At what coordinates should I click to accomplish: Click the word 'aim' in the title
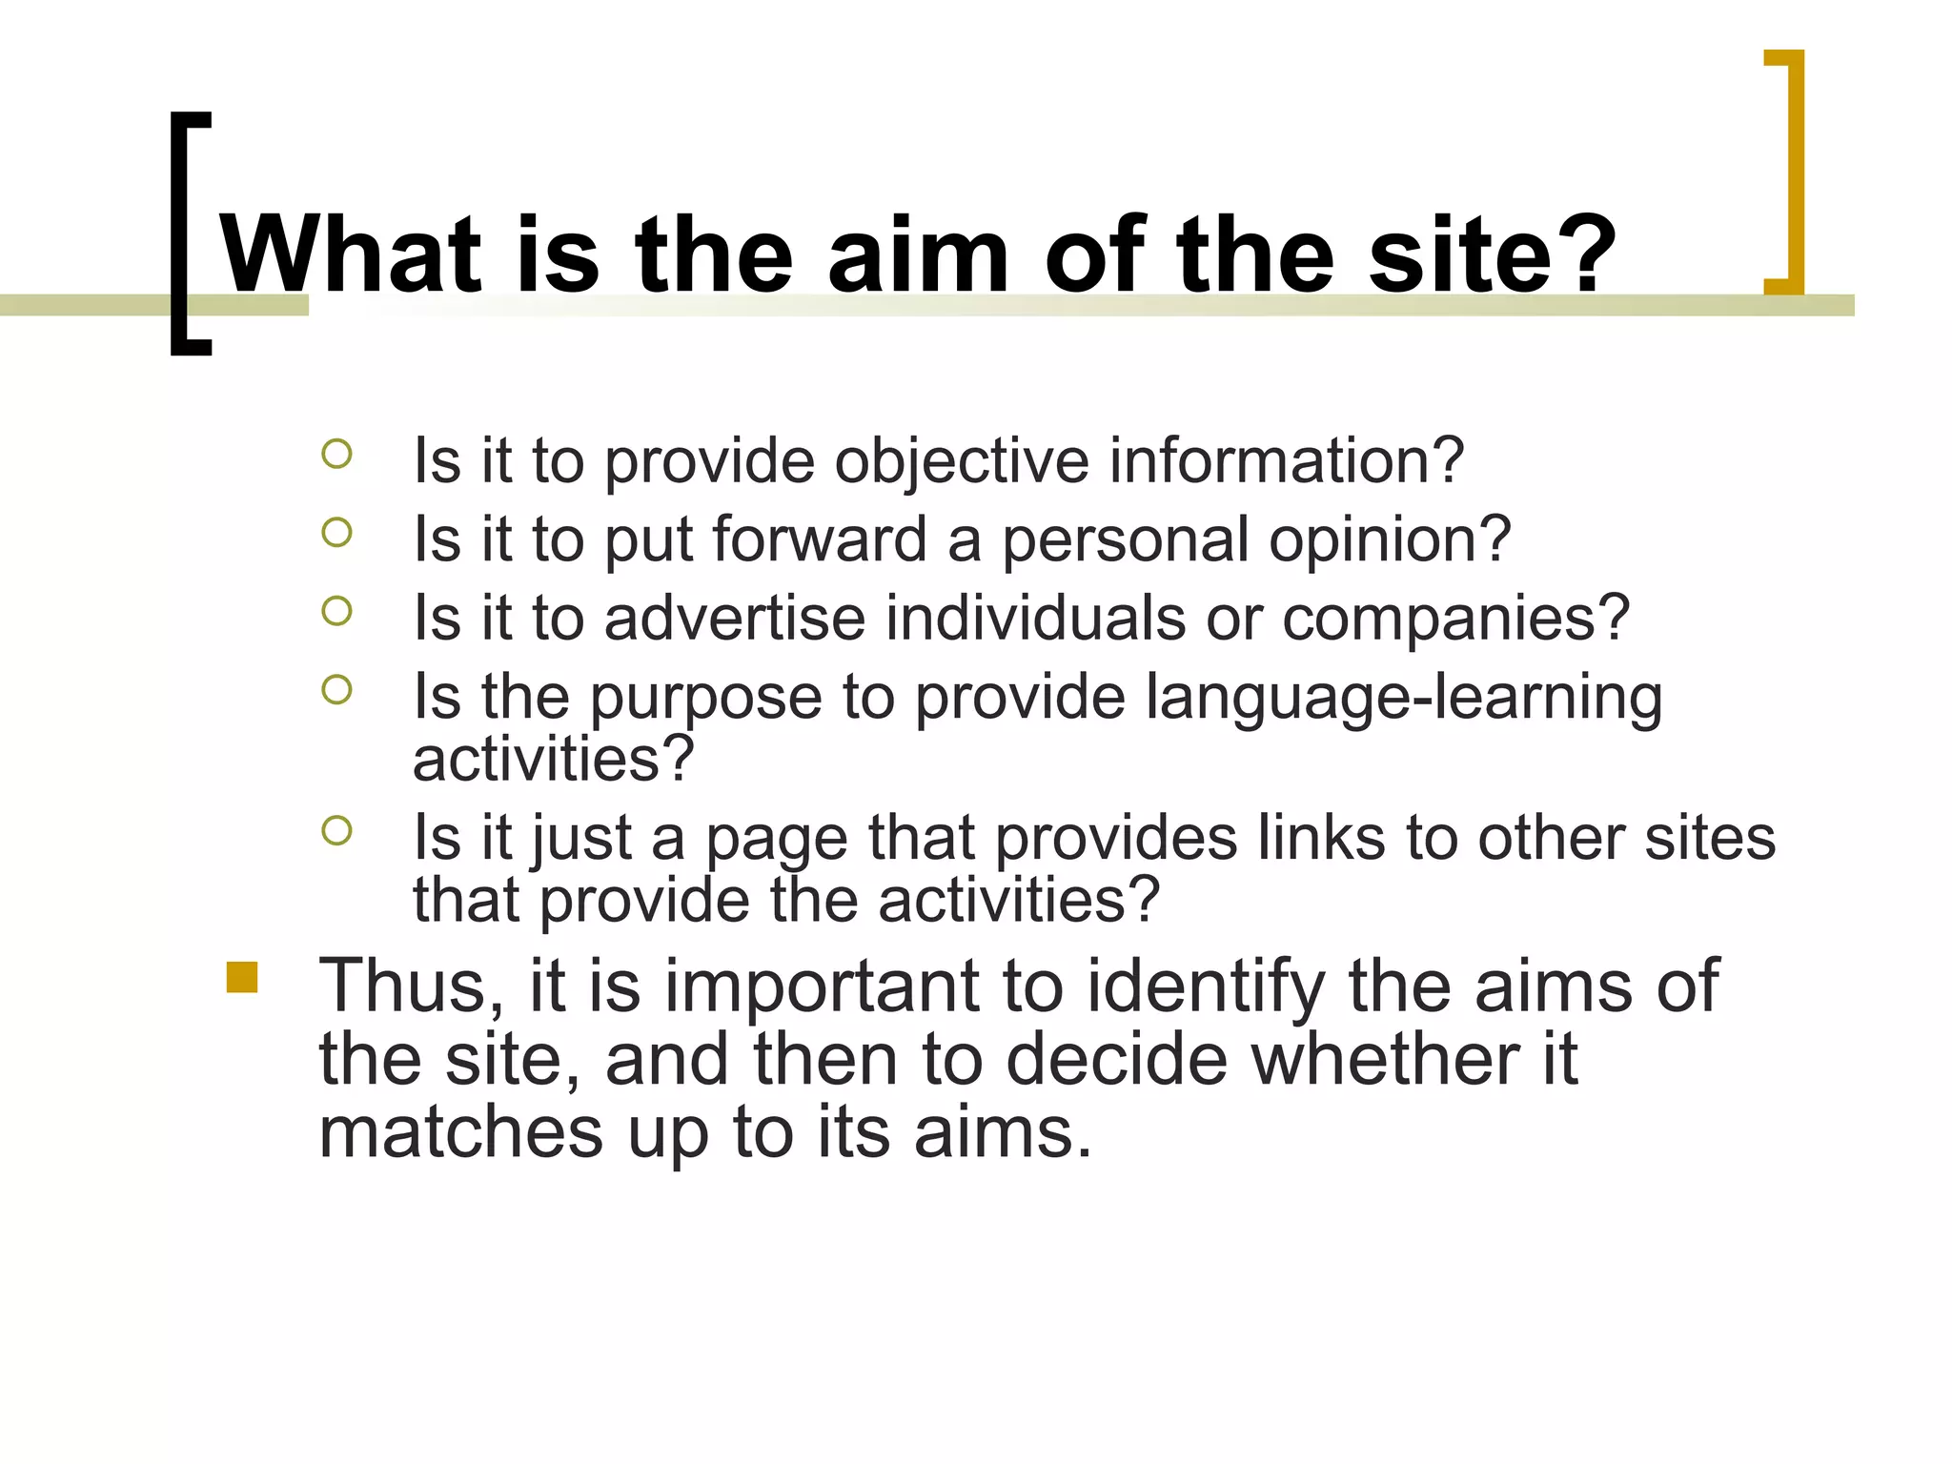[917, 254]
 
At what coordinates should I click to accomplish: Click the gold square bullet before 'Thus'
[242, 978]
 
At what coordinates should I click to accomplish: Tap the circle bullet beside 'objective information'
[336, 454]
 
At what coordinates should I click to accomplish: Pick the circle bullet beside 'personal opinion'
[336, 532]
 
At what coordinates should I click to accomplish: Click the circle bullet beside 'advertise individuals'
[336, 611]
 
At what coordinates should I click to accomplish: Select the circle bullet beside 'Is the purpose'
[336, 689]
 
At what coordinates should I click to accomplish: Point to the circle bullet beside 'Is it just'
[336, 831]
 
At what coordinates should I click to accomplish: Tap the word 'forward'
[820, 539]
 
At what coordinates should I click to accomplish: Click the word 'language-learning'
[1403, 699]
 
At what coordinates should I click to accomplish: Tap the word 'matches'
[460, 1133]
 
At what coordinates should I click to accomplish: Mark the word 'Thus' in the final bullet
[410, 986]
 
